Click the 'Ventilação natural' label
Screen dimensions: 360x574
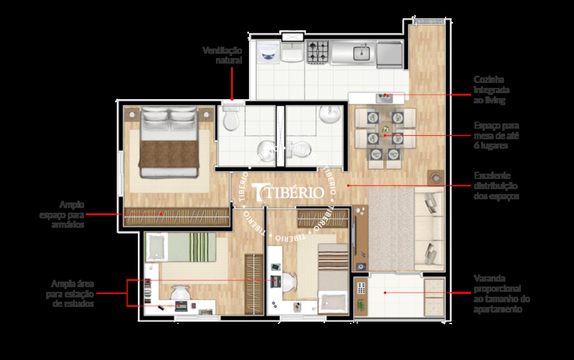pos(222,55)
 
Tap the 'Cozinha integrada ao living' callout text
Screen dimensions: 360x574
pos(491,90)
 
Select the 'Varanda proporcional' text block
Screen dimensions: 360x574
pos(502,294)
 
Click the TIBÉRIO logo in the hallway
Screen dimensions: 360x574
pos(288,192)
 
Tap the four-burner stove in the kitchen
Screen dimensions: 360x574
pos(318,52)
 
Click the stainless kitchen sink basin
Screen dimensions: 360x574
pos(361,53)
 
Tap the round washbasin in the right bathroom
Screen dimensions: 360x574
pos(330,116)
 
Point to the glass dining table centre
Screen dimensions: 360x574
pos(385,135)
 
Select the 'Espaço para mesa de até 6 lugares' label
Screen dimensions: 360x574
pos(496,135)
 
